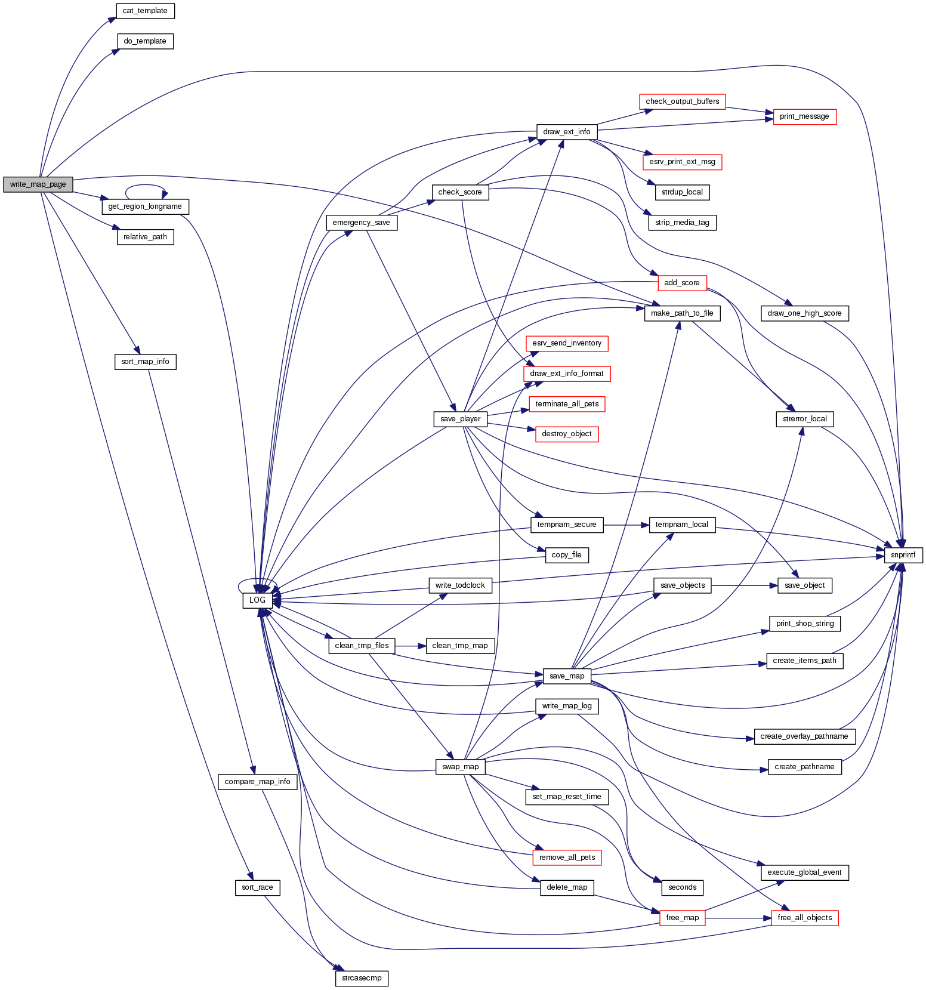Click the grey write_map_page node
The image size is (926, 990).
pyautogui.click(x=38, y=184)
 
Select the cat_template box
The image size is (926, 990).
pyautogui.click(x=145, y=11)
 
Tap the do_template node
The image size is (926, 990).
pyautogui.click(x=145, y=41)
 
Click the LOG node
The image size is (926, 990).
pyautogui.click(x=257, y=600)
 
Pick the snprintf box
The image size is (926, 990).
pyautogui.click(x=903, y=555)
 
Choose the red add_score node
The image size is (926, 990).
pyautogui.click(x=682, y=283)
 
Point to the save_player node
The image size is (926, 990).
pyautogui.click(x=460, y=419)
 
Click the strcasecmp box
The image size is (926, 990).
pyautogui.click(x=362, y=978)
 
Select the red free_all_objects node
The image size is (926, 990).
pyautogui.click(x=804, y=918)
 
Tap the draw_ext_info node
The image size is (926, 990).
pyautogui.click(x=566, y=132)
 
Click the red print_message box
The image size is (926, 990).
pyautogui.click(x=804, y=116)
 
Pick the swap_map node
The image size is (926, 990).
pyautogui.click(x=460, y=767)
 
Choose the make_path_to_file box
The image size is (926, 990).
pyautogui.click(x=682, y=313)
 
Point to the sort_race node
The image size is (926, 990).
pyautogui.click(x=257, y=887)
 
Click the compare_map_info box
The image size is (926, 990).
pyautogui.click(x=257, y=782)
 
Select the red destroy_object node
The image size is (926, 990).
pyautogui.click(x=566, y=434)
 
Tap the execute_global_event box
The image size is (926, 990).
pyautogui.click(x=804, y=872)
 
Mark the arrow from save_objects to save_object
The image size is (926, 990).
pyautogui.click(x=745, y=585)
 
